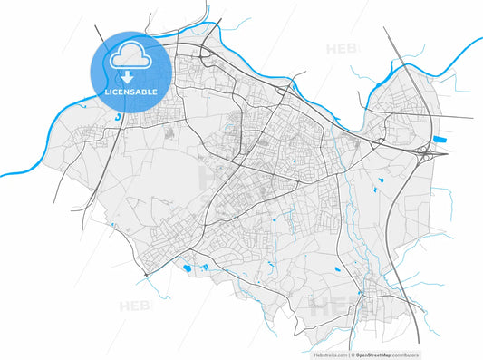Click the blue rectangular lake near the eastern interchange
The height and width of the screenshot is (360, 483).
pos(441,140)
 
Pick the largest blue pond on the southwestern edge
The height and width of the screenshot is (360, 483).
pos(187,268)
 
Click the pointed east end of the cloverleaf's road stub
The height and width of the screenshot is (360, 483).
pos(447,153)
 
